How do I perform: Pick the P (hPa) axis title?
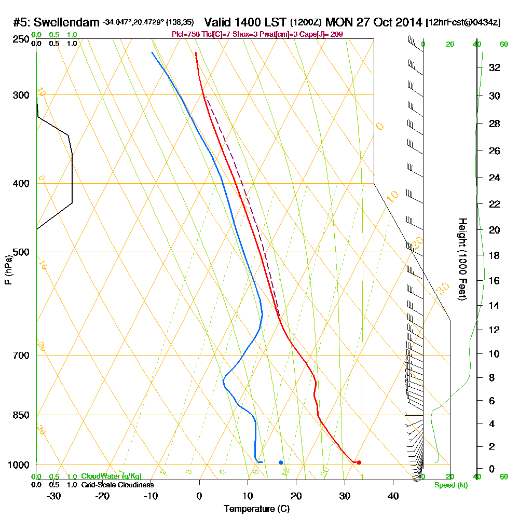pyautogui.click(x=8, y=269)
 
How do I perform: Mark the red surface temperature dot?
pyautogui.click(x=359, y=462)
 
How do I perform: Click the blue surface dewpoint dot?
pyautogui.click(x=281, y=462)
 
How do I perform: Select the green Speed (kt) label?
pyautogui.click(x=449, y=485)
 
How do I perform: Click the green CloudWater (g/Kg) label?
pyautogui.click(x=111, y=476)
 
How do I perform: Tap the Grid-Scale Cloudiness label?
pyautogui.click(x=117, y=485)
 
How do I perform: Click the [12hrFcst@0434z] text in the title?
pyautogui.click(x=463, y=23)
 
